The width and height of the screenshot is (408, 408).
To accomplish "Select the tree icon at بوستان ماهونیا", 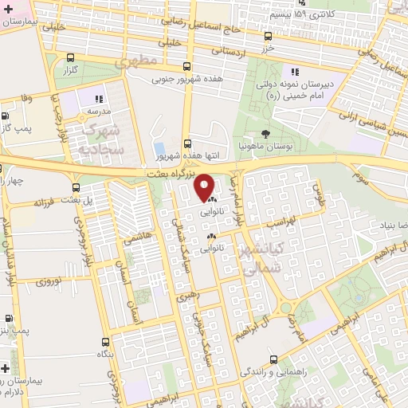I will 265,134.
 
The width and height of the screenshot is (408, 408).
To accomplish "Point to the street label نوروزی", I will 49,281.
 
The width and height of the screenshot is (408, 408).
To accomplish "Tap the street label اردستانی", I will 229,50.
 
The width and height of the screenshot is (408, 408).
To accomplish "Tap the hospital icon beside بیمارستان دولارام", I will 6,369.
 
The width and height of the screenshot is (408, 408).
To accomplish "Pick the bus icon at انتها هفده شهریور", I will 187,143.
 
